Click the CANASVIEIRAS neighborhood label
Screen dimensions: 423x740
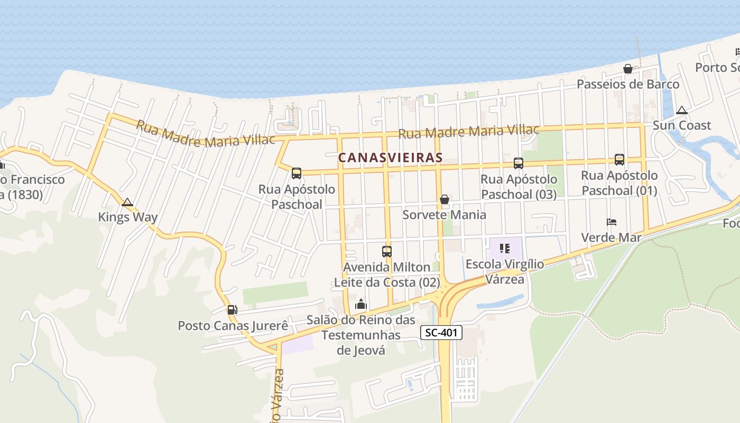tap(390, 158)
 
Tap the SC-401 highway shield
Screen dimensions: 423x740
tap(442, 333)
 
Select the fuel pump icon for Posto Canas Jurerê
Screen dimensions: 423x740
tap(232, 310)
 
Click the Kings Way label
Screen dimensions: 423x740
tap(128, 217)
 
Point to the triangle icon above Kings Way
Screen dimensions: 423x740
tap(127, 202)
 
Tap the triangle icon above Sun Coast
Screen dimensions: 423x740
tap(682, 110)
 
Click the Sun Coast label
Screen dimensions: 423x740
tap(682, 125)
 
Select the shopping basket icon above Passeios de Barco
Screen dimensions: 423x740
tap(628, 69)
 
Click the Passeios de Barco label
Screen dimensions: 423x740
tap(628, 84)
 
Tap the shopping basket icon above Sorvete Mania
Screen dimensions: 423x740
tap(445, 199)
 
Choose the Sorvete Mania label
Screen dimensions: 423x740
tap(445, 215)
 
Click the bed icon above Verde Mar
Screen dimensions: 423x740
tap(612, 222)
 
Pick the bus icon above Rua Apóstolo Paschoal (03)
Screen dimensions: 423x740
tap(519, 163)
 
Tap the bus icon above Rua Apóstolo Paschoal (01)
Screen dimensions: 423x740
tap(619, 159)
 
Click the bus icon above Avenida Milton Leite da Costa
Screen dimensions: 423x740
tap(387, 252)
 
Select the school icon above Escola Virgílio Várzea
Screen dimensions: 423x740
tap(505, 248)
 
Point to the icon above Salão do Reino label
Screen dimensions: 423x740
tap(361, 304)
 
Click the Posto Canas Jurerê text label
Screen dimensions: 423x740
tap(233, 325)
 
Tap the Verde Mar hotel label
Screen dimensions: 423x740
tap(612, 237)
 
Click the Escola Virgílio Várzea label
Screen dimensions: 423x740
tap(505, 271)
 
